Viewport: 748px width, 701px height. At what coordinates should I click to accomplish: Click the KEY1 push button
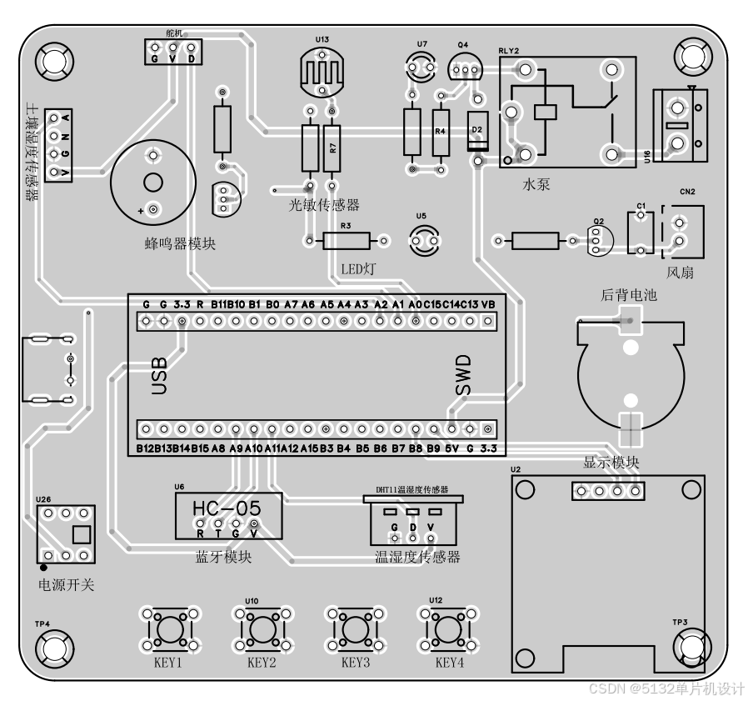point(170,627)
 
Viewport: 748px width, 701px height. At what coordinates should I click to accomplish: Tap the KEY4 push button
point(449,627)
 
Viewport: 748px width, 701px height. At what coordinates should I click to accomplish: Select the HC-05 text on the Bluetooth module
point(227,508)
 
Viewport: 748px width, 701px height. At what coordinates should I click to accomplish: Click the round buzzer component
point(152,183)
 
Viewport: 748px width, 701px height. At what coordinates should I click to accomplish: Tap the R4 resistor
point(441,133)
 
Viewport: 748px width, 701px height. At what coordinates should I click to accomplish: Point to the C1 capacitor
point(640,232)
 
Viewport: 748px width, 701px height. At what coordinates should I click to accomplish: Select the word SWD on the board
point(462,376)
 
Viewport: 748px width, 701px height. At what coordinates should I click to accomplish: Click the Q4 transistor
point(463,66)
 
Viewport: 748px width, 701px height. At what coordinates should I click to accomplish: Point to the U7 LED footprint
point(422,67)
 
